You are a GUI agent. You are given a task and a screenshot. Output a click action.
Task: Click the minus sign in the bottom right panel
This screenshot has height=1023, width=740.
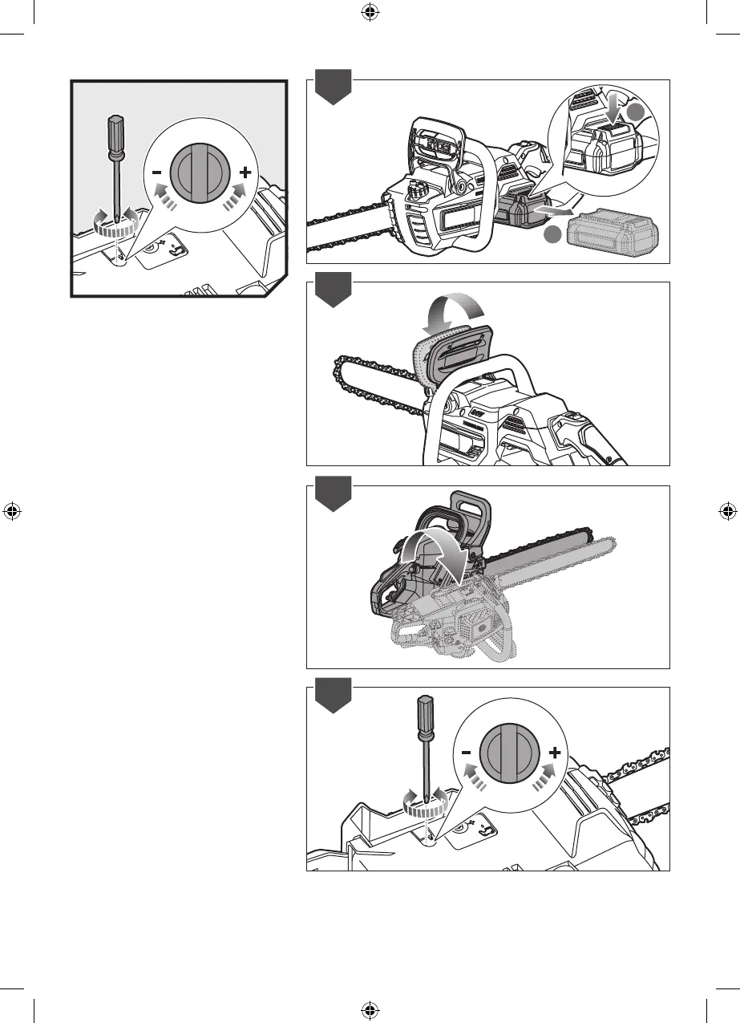pyautogui.click(x=465, y=753)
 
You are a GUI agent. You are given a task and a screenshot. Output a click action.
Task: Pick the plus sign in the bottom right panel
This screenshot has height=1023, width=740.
pyautogui.click(x=554, y=753)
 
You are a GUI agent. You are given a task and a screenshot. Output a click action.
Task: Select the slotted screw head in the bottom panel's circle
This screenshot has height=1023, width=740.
pyautogui.click(x=508, y=754)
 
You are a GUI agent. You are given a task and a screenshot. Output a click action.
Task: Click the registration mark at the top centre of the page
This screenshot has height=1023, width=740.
pyautogui.click(x=370, y=12)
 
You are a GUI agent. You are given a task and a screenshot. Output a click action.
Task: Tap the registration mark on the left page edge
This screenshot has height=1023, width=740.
pyautogui.click(x=12, y=510)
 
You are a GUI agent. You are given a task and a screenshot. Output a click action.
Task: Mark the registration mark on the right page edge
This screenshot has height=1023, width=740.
pyautogui.click(x=727, y=510)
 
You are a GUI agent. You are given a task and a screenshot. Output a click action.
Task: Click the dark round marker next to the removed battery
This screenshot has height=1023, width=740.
pyautogui.click(x=550, y=235)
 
